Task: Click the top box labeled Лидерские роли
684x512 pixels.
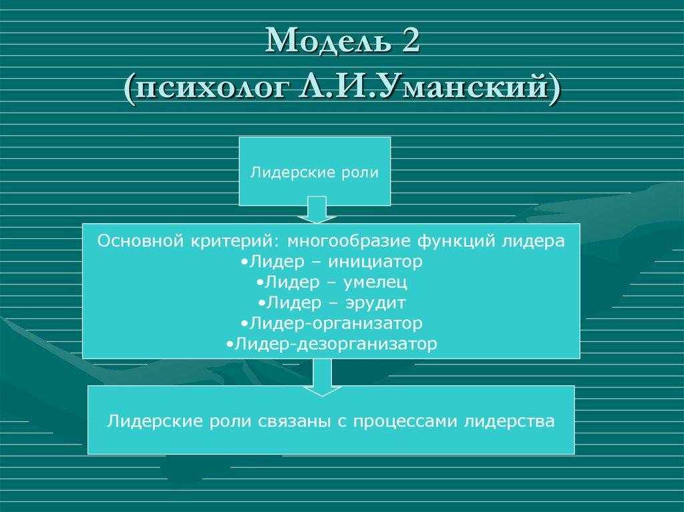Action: [x=315, y=172]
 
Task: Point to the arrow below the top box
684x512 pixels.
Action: [x=313, y=210]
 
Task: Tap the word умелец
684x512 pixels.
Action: [x=376, y=282]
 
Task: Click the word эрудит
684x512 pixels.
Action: [x=375, y=303]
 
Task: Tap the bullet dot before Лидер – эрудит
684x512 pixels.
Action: [x=261, y=304]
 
